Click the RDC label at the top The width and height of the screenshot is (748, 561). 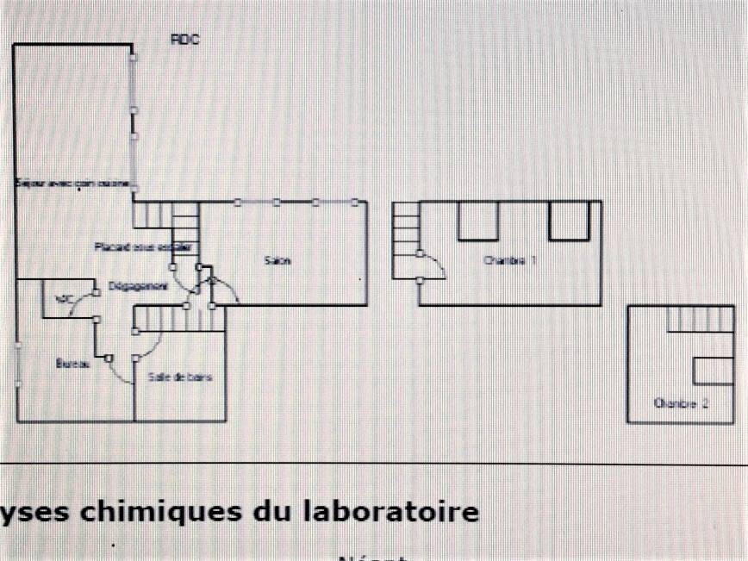[x=184, y=40]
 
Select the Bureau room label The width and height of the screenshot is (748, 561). [x=73, y=364]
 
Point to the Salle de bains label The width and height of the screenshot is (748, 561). [x=180, y=377]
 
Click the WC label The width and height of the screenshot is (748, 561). [x=62, y=299]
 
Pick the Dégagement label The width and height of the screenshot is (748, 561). [x=137, y=287]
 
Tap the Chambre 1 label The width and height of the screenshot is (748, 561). [x=509, y=260]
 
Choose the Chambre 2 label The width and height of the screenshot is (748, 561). [x=681, y=402]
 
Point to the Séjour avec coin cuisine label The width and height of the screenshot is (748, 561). [x=72, y=184]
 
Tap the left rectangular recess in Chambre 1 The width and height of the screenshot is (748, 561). [x=478, y=221]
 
